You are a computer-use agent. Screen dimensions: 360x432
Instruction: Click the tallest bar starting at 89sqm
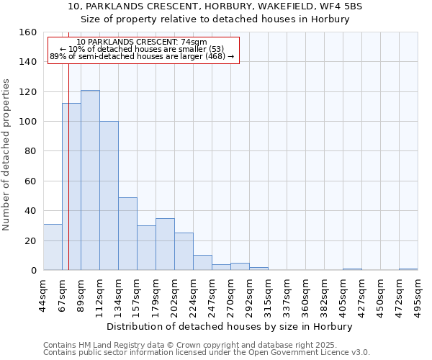[90, 180]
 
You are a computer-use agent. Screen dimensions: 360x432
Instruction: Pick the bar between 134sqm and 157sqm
[127, 233]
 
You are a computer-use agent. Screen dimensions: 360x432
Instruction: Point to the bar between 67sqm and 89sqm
[71, 186]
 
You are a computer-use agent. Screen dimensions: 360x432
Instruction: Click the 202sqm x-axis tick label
[174, 294]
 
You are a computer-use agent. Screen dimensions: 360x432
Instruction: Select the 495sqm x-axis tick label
[418, 294]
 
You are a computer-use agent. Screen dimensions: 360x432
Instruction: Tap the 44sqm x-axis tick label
[43, 294]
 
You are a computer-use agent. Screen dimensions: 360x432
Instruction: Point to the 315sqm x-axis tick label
[268, 294]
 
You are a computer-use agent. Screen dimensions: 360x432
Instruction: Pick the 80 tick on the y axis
[31, 151]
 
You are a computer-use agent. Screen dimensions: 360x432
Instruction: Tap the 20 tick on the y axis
[31, 240]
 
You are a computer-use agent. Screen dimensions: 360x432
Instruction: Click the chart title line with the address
[215, 6]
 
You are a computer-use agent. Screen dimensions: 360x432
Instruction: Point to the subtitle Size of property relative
[215, 19]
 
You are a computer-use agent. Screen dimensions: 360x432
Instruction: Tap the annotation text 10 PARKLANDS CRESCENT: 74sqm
[142, 42]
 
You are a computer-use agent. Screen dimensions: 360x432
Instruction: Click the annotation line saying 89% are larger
[142, 56]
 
